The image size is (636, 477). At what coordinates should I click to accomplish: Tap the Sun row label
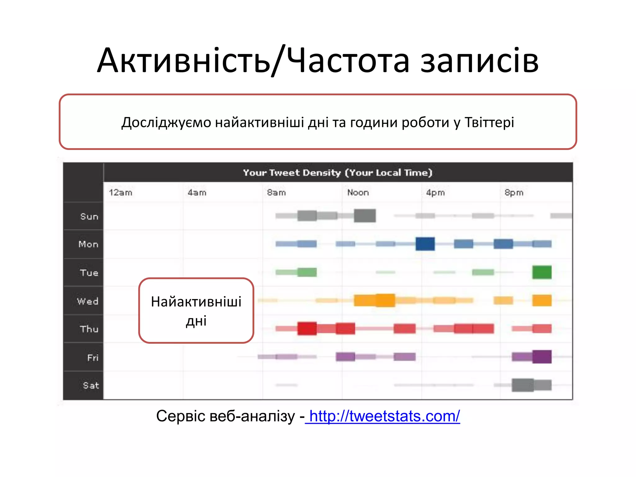coord(89,216)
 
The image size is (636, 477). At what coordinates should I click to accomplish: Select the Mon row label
coord(89,244)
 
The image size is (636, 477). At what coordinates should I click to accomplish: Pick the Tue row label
coord(89,273)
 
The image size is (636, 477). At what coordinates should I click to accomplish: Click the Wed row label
coord(88,301)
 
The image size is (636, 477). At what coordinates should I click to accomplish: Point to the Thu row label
coord(89,329)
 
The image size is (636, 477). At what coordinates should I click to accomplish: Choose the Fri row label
coord(93,358)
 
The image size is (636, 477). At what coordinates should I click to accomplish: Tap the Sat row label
coord(91,386)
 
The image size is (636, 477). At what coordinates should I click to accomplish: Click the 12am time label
coord(120,193)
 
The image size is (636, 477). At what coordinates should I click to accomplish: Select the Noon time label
coord(358,193)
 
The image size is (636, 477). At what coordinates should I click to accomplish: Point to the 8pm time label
coord(514,193)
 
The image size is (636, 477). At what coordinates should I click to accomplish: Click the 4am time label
coord(197,193)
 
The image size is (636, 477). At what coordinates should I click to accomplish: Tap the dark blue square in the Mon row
coord(425,244)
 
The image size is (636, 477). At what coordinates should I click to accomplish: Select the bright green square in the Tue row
coord(542,272)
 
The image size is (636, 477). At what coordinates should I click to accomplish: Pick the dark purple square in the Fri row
coord(542,357)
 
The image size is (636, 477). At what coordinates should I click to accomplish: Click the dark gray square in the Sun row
coord(365,216)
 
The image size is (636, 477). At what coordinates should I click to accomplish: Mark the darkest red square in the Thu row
coord(307,329)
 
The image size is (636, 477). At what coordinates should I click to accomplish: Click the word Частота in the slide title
coord(348,61)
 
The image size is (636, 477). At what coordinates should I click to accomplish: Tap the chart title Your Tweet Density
coord(338,173)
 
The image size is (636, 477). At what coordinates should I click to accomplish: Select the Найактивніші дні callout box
coord(196,311)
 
